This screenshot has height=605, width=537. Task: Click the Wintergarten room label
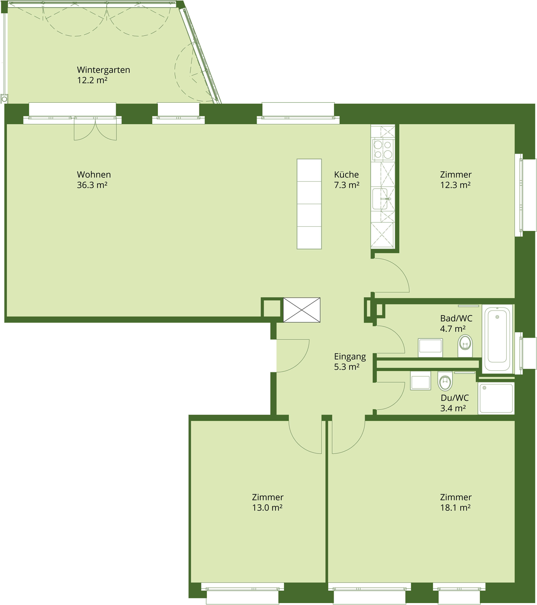pyautogui.click(x=104, y=70)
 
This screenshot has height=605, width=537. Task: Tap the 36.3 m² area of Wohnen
pyautogui.click(x=92, y=185)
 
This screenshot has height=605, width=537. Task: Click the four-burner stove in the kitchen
pyautogui.click(x=383, y=150)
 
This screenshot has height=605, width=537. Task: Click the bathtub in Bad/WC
pyautogui.click(x=497, y=339)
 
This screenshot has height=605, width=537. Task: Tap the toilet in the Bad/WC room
pyautogui.click(x=465, y=346)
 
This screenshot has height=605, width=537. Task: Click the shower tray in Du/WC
pyautogui.click(x=496, y=398)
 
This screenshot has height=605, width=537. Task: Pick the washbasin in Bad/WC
pyautogui.click(x=430, y=347)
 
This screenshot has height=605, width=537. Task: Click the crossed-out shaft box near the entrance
pyautogui.click(x=302, y=310)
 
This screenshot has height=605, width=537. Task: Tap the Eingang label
pyautogui.click(x=350, y=356)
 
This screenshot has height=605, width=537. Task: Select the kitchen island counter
pyautogui.click(x=309, y=204)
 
